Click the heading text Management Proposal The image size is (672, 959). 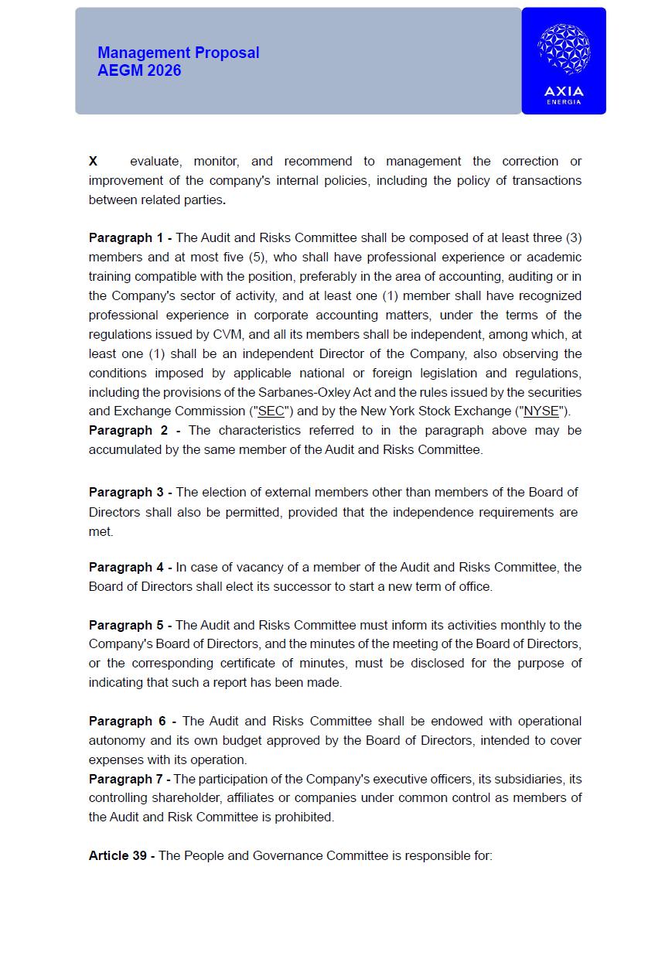pos(178,53)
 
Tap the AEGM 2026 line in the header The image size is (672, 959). pos(139,70)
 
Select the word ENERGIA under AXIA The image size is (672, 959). pos(564,102)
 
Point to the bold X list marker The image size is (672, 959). pos(93,161)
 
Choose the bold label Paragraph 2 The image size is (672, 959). pos(129,430)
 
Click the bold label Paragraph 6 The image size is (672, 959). pos(128,721)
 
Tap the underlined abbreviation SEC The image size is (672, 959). pos(271,411)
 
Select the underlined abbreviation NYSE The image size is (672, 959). pos(541,411)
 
